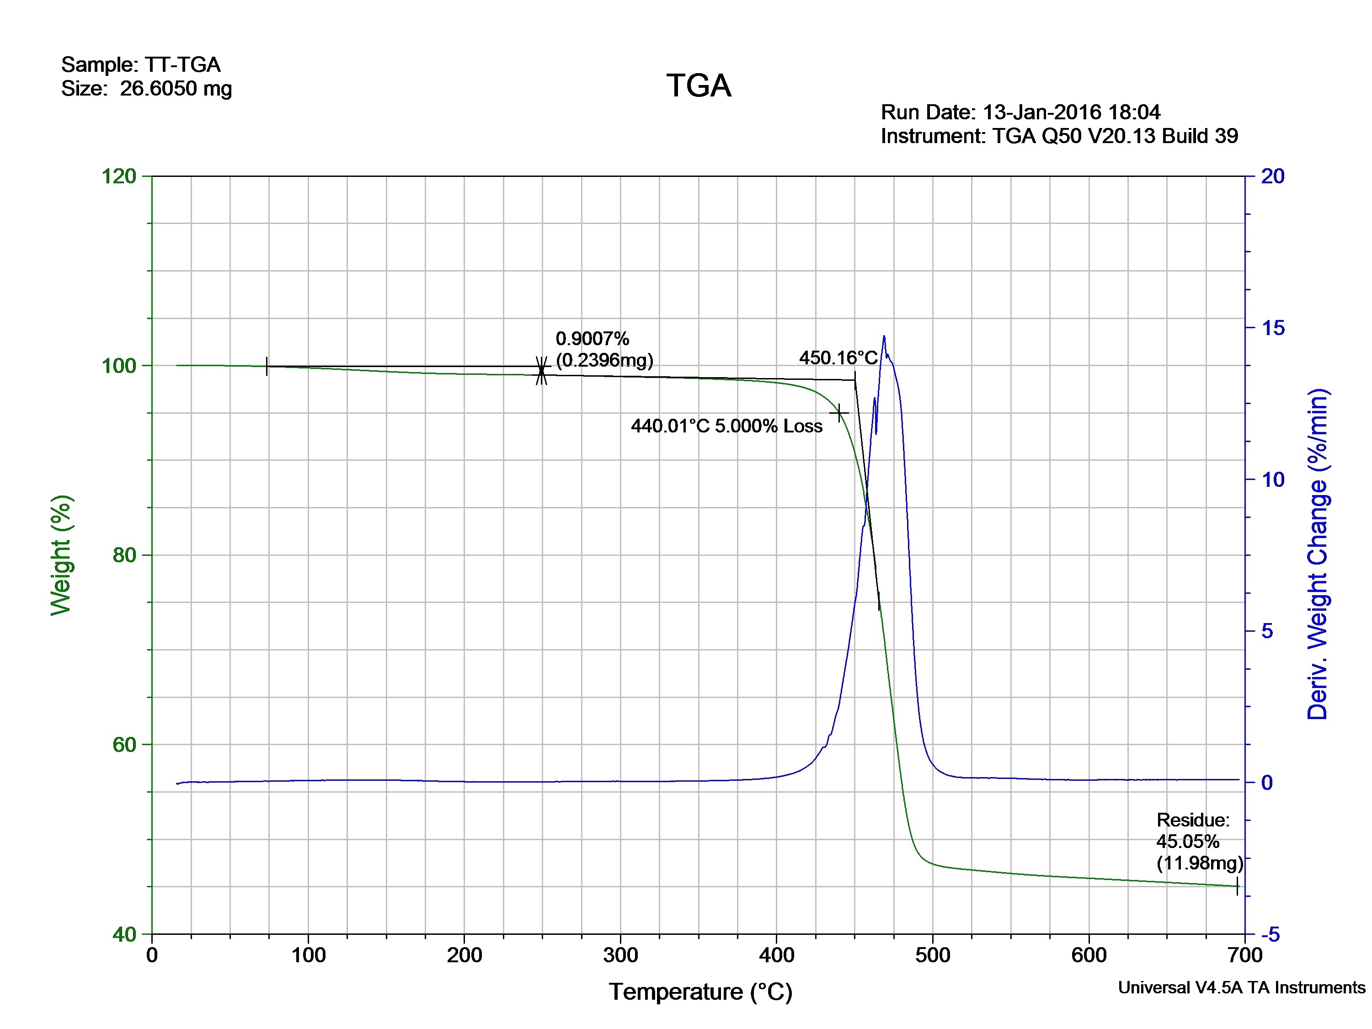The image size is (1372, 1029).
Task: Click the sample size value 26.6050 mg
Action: pyautogui.click(x=176, y=89)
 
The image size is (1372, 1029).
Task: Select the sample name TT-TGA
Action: pyautogui.click(x=182, y=64)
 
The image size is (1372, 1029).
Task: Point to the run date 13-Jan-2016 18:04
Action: pyautogui.click(x=1071, y=112)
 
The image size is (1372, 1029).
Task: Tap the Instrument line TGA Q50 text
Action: pyautogui.click(x=1059, y=136)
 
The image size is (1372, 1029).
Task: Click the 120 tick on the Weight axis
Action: pyautogui.click(x=118, y=176)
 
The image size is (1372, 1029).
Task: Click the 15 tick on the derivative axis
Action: pyautogui.click(x=1273, y=328)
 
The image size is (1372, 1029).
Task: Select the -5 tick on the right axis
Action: pyautogui.click(x=1270, y=934)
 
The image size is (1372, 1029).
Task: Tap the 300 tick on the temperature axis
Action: pyautogui.click(x=620, y=955)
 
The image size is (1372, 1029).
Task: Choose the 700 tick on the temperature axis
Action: pyautogui.click(x=1244, y=955)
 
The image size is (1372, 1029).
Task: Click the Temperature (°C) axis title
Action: pyautogui.click(x=700, y=992)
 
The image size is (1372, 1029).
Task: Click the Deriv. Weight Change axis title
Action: pyautogui.click(x=1318, y=554)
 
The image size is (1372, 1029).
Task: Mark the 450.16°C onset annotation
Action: pyautogui.click(x=838, y=358)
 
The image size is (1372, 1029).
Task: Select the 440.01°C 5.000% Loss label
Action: pyautogui.click(x=726, y=426)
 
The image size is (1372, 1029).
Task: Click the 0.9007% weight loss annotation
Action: pyautogui.click(x=593, y=339)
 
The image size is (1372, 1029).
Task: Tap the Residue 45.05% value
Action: pyautogui.click(x=1187, y=842)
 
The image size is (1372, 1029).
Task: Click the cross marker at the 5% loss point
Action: pyautogui.click(x=839, y=412)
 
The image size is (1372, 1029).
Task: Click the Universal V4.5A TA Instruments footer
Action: pyautogui.click(x=1241, y=987)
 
